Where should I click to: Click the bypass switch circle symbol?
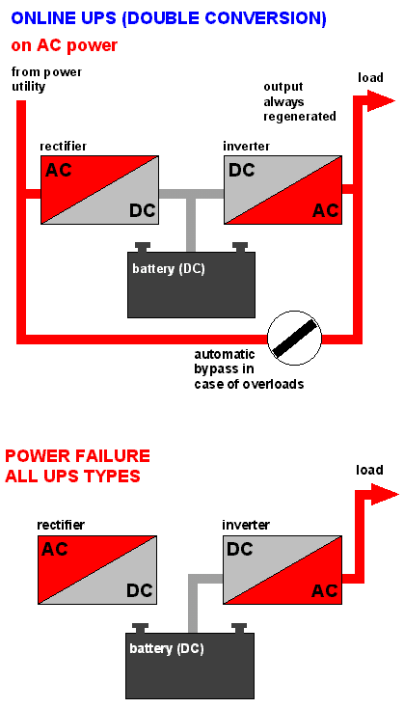point(294,339)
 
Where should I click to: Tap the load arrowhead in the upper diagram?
point(381,100)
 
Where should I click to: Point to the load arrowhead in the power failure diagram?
point(384,494)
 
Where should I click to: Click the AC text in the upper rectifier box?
point(59,170)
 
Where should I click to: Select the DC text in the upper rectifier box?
point(142,210)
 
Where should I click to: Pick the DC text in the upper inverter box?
point(241,170)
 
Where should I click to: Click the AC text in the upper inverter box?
point(326,210)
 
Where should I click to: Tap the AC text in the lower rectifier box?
point(55,549)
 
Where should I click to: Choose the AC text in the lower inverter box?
point(325,590)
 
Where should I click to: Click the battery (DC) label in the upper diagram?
point(169,269)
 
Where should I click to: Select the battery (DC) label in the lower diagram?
point(167,649)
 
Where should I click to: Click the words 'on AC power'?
point(64,45)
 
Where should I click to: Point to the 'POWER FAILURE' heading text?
point(77,455)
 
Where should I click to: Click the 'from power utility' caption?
point(46,79)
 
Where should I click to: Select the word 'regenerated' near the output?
point(300,116)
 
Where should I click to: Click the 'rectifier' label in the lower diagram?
point(61,525)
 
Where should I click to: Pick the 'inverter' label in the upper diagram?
point(247,147)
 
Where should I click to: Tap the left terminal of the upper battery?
point(143,247)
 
